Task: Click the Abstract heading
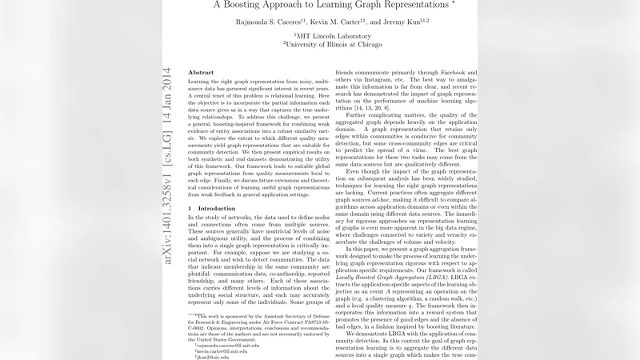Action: [201, 73]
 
